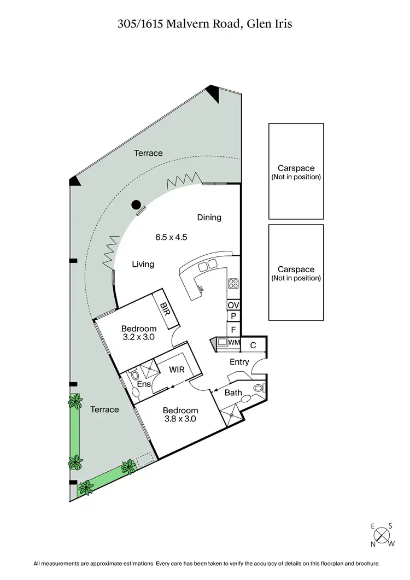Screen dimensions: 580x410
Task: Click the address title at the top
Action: point(205,24)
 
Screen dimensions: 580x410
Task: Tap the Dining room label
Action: point(209,218)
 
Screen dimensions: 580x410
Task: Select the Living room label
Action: point(143,265)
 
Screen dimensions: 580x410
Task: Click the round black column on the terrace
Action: point(135,205)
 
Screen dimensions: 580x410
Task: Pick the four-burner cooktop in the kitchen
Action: point(233,283)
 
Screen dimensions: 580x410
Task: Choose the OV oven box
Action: point(233,305)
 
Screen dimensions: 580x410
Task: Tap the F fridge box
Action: point(233,330)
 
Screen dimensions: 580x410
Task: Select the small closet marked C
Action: point(253,345)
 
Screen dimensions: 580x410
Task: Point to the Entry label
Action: point(239,362)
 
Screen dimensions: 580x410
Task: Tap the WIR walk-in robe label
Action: point(177,370)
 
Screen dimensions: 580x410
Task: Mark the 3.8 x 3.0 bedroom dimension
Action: point(180,419)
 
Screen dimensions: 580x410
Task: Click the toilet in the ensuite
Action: point(135,377)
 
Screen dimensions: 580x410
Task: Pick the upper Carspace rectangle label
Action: point(296,172)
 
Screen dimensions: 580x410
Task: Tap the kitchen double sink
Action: point(207,266)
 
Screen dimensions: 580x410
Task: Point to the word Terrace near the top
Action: point(149,153)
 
